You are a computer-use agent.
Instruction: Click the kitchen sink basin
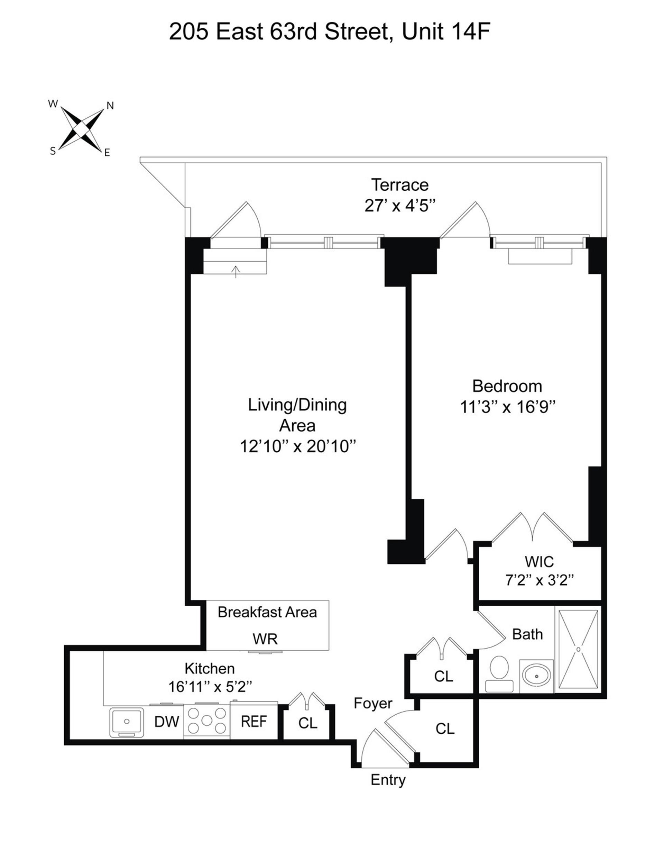coord(126,721)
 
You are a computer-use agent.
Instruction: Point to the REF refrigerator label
coord(253,721)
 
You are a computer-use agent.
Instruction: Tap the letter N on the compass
coord(110,106)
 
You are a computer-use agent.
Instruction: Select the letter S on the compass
coord(53,151)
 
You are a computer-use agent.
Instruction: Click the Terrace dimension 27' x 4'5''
coord(400,206)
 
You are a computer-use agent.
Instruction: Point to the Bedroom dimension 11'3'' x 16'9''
coord(507,407)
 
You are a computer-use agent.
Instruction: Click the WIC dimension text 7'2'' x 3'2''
coord(539,580)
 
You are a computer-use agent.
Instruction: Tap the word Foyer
coord(373,703)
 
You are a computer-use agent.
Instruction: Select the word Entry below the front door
coord(388,780)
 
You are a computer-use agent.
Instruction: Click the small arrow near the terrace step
coord(236,271)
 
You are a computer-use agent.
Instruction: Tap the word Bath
coord(527,634)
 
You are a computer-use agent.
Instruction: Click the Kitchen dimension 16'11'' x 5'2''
coord(210,687)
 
